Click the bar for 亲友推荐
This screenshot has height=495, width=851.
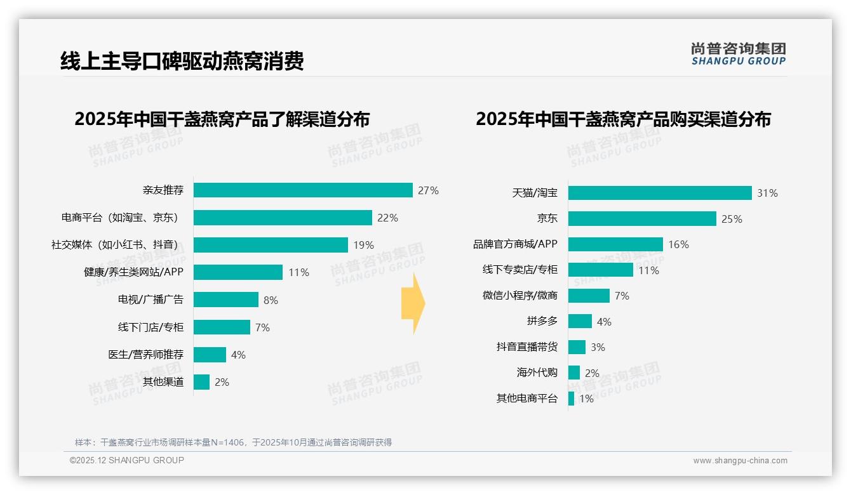[303, 190]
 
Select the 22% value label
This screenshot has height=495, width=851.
[387, 218]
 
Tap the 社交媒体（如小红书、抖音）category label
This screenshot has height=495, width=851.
[114, 245]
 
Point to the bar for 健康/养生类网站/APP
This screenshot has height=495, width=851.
[238, 272]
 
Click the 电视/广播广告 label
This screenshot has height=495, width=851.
[151, 300]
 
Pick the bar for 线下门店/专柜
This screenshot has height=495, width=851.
[222, 327]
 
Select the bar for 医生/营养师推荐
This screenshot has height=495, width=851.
[210, 355]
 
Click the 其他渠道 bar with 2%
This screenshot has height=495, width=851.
[201, 382]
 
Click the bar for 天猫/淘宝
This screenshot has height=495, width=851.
[660, 193]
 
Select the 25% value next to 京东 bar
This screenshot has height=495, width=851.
[732, 219]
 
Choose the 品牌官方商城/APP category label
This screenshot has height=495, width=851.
[515, 244]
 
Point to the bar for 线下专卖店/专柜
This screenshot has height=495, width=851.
[600, 270]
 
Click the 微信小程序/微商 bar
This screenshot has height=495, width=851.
[589, 296]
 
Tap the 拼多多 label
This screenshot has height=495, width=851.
[542, 321]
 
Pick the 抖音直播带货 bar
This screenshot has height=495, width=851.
[577, 347]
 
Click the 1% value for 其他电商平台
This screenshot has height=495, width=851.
[586, 399]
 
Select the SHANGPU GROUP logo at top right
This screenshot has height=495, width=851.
[738, 54]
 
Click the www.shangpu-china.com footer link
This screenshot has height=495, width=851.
[740, 461]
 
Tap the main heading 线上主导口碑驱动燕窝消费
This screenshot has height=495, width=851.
[182, 61]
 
